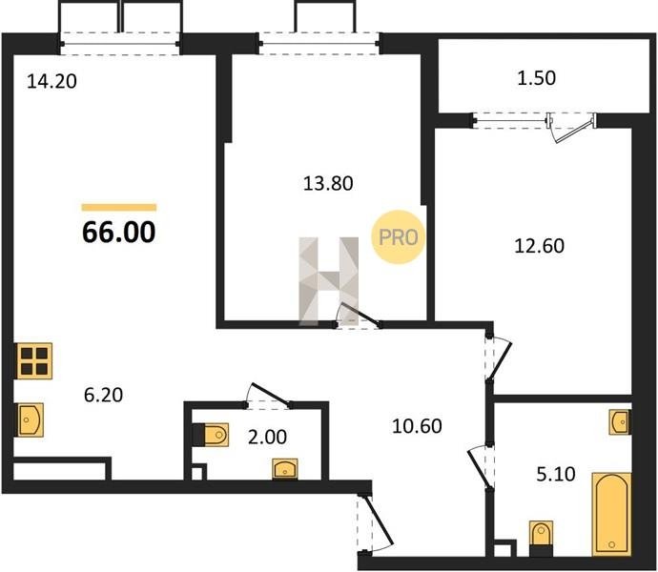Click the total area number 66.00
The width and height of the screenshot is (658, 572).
coord(119,232)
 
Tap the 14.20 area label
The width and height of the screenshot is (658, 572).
coord(51,81)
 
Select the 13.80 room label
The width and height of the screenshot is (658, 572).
coord(328,183)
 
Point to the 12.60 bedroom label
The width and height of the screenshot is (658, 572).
coord(539,246)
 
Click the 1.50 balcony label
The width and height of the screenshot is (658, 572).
coord(536,78)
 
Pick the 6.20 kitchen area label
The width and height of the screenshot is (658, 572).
coord(103,395)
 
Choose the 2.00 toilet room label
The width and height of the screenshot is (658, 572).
coord(267,437)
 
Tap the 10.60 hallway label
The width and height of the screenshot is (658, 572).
coord(417,426)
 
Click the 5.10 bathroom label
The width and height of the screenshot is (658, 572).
coord(556,474)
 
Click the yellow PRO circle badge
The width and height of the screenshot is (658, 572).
coord(399,237)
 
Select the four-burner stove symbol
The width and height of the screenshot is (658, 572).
coord(34,361)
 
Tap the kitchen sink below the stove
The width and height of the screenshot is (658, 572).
coord(31,419)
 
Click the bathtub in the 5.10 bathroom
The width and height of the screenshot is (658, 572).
coord(611,515)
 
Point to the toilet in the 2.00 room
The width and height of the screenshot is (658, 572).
coord(211,435)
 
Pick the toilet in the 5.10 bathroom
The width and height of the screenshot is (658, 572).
coord(541,539)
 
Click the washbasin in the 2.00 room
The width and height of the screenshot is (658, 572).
coord(285,469)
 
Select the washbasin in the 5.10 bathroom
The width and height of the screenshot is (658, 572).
coord(620,421)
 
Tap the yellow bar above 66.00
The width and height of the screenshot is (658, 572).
coord(119,207)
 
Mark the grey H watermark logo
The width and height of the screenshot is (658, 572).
coord(328,281)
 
